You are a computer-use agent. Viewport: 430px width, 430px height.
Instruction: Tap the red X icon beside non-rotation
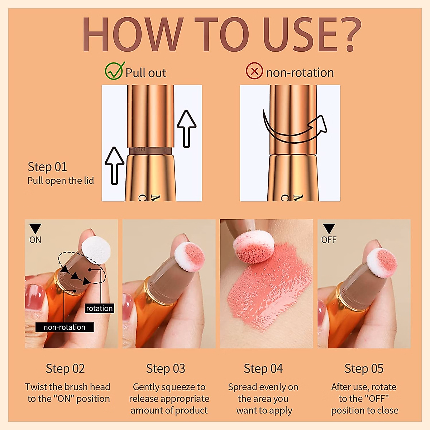pos(254,71)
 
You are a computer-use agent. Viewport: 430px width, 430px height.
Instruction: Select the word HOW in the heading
pos(133,34)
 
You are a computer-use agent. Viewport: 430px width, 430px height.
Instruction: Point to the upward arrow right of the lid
pos(186,128)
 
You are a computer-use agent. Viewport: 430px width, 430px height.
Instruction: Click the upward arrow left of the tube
pos(114,165)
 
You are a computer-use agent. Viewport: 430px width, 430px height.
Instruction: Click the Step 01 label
pos(47,167)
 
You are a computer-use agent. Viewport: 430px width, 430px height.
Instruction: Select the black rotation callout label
pos(99,309)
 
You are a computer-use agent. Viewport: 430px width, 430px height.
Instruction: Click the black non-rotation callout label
pos(64,327)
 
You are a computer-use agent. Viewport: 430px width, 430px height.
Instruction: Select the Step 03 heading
pos(166,369)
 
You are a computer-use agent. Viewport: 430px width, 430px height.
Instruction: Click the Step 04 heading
pos(263,369)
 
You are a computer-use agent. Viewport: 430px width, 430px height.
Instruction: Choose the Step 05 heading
pos(364,369)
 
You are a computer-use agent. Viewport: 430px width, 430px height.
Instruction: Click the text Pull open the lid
pos(61,181)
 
